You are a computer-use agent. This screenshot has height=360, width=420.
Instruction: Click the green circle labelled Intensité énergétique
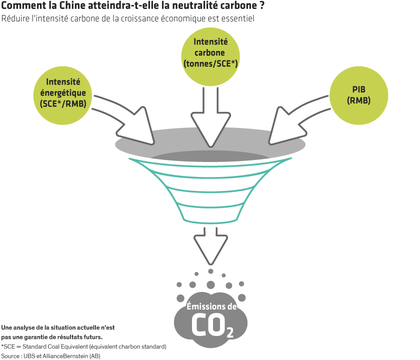63,92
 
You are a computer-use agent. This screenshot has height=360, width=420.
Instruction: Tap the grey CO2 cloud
210,320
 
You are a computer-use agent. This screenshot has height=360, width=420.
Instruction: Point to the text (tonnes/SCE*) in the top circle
210,63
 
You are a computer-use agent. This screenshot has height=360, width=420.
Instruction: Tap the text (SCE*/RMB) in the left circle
63,103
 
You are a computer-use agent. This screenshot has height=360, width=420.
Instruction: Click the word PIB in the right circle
358,87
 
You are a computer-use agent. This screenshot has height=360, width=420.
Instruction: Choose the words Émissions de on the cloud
211,306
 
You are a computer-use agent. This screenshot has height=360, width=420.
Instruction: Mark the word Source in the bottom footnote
11,355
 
